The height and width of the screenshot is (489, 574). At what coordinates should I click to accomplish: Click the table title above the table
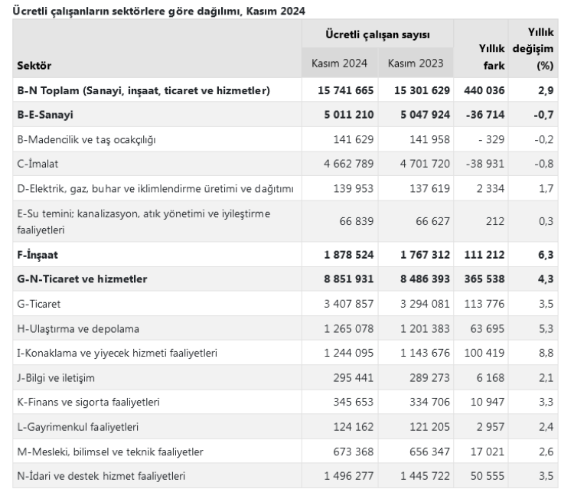coord(154,11)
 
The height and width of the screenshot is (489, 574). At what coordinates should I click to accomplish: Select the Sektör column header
coord(35,65)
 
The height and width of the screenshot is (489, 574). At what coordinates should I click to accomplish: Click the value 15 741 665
coord(345,90)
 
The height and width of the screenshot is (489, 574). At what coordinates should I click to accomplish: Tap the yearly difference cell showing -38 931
coord(480,164)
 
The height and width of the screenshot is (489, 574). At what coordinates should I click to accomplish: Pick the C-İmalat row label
coord(39,164)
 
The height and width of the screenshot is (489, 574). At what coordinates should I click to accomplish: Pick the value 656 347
coord(422,451)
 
